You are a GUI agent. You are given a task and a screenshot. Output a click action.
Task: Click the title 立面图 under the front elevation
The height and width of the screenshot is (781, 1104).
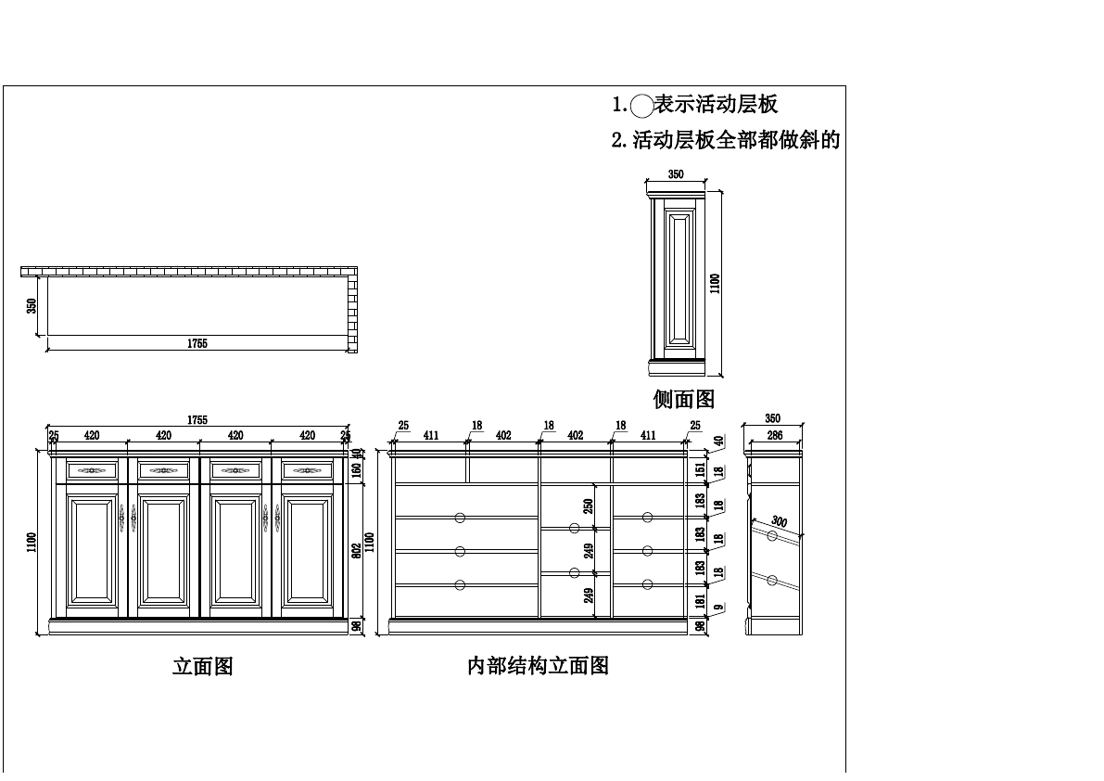(202, 666)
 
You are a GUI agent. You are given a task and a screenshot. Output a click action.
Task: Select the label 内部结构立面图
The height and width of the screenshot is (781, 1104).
(538, 666)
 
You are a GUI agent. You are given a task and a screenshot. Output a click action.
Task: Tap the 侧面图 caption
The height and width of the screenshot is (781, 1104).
(684, 399)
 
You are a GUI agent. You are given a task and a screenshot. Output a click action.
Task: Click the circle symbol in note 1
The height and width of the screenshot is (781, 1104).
(641, 106)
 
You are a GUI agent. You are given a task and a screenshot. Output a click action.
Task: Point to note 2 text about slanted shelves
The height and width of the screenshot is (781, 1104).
(726, 140)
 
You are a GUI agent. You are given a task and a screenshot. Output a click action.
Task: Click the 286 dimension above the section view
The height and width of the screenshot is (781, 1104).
(774, 434)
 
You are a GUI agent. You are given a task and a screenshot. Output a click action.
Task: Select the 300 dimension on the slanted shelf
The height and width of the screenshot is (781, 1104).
(779, 522)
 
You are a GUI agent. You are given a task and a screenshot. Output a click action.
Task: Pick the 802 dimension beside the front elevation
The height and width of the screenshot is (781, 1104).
(357, 549)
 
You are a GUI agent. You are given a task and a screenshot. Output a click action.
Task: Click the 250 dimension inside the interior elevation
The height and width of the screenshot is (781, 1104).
(589, 506)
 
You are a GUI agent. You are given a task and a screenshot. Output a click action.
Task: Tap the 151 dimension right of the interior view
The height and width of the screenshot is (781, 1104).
(701, 468)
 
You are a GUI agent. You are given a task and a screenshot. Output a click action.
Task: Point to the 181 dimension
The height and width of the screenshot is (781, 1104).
(701, 600)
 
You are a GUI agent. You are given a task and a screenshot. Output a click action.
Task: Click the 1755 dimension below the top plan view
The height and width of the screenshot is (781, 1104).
(197, 343)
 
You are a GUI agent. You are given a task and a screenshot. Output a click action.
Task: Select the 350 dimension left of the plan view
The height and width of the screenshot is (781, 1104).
(32, 305)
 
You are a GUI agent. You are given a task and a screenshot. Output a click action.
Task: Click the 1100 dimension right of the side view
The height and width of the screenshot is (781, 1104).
(715, 283)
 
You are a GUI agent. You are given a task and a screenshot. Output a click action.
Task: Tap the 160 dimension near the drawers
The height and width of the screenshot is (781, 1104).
(357, 469)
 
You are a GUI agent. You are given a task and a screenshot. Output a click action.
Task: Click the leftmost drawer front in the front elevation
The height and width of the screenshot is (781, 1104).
(92, 470)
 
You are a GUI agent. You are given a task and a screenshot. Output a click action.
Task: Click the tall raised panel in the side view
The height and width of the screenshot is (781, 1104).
(680, 277)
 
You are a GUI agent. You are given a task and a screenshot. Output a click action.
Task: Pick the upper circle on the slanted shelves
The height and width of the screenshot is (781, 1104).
(772, 536)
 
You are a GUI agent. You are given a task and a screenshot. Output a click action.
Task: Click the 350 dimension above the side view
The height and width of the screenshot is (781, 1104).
(676, 174)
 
